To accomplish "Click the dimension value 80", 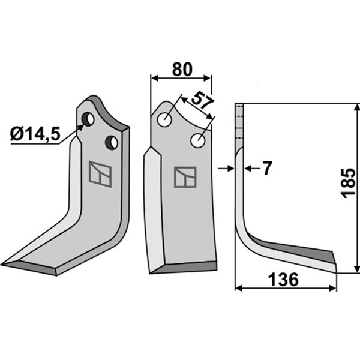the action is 182,70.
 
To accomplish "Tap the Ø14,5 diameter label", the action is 35,134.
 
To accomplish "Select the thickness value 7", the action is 267,168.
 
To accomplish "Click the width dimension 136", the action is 284,280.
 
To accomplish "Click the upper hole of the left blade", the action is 88,119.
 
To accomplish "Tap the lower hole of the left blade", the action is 112,143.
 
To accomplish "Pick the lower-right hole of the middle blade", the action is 198,141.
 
